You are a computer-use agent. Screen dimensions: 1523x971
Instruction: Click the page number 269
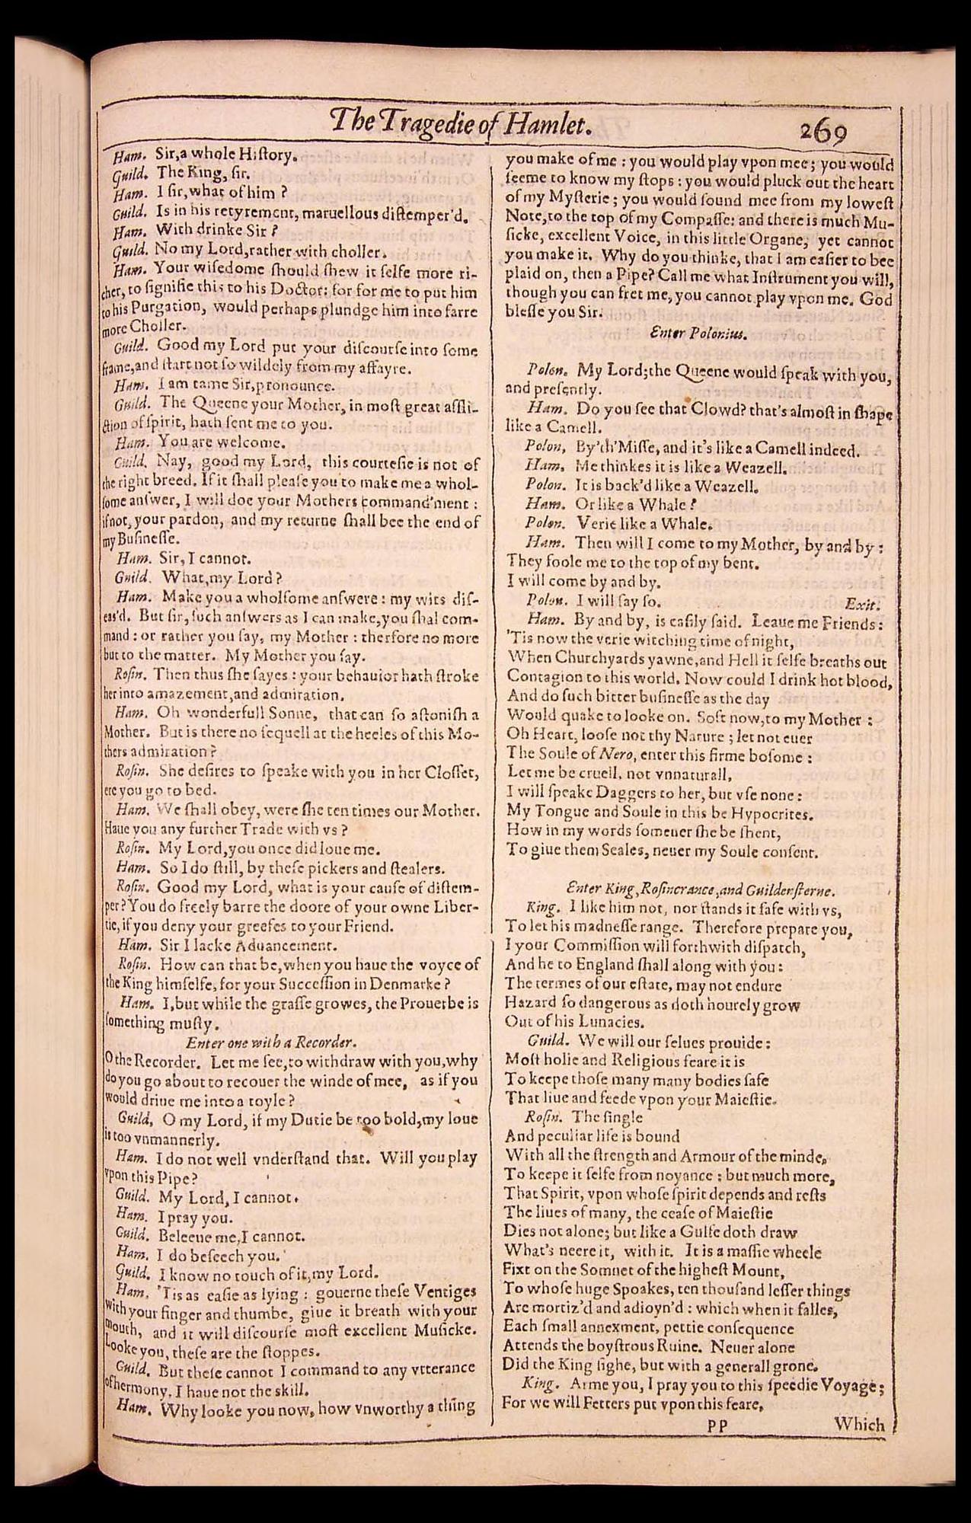[x=823, y=133]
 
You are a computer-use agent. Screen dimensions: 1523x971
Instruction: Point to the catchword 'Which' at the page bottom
[x=858, y=1423]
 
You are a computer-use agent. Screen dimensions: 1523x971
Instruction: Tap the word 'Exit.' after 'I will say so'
[x=862, y=604]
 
